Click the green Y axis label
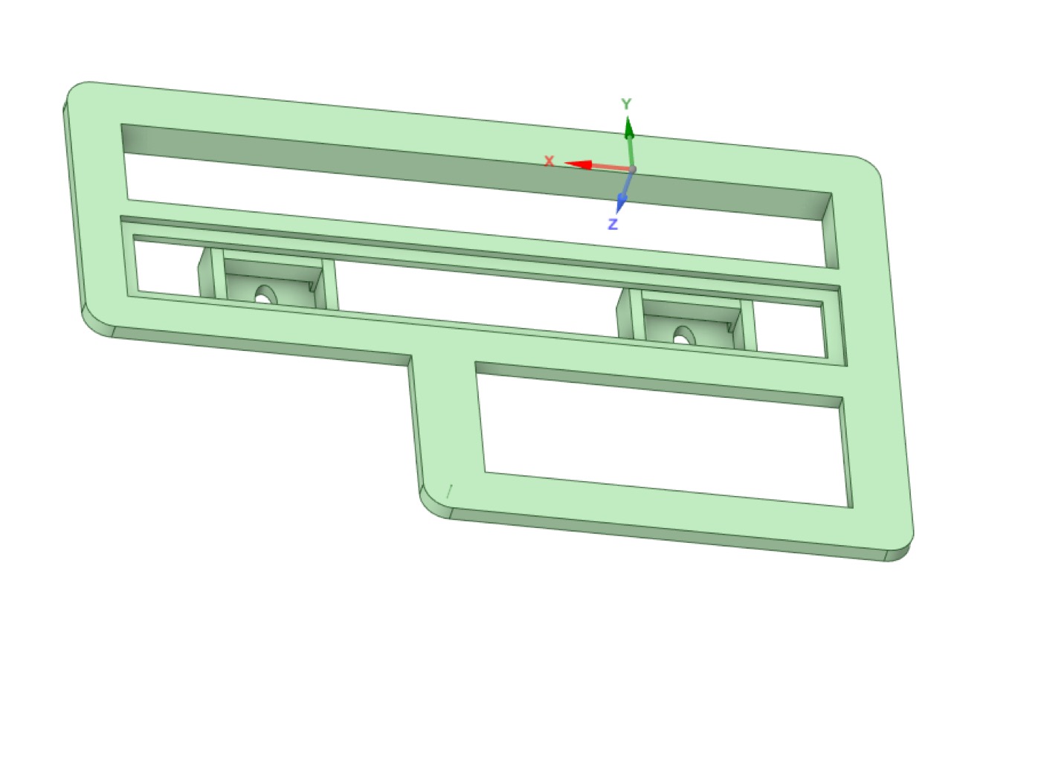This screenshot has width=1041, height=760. (626, 104)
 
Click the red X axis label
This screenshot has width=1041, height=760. (549, 161)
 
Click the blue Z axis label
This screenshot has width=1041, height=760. (613, 224)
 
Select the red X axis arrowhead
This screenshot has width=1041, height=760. (578, 164)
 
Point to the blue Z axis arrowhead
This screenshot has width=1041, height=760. (621, 204)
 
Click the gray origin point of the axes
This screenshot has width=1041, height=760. (633, 170)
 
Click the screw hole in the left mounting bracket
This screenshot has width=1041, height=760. (265, 295)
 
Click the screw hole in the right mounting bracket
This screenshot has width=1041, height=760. (684, 336)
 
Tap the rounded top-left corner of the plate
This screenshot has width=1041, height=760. (77, 93)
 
